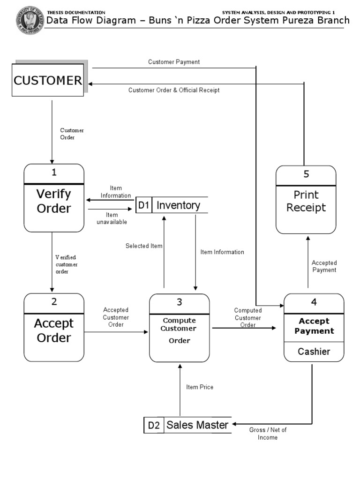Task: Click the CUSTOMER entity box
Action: pos(47,81)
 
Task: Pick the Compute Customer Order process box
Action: pos(179,330)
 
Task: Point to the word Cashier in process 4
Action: pos(314,352)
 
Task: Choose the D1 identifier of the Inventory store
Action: pos(143,205)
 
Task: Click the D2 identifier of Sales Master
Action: pos(154,426)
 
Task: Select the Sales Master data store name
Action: pos(197,425)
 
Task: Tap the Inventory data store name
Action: pos(178,205)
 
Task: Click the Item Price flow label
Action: pos(200,387)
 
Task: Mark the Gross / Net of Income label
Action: pos(268,434)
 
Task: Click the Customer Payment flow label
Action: pos(174,62)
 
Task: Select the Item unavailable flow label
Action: pos(112,218)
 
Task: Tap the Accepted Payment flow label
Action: pos(324,266)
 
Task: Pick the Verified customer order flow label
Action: pos(66,264)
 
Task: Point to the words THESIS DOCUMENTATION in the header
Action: pos(76,12)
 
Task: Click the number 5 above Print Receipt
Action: pos(306,174)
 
